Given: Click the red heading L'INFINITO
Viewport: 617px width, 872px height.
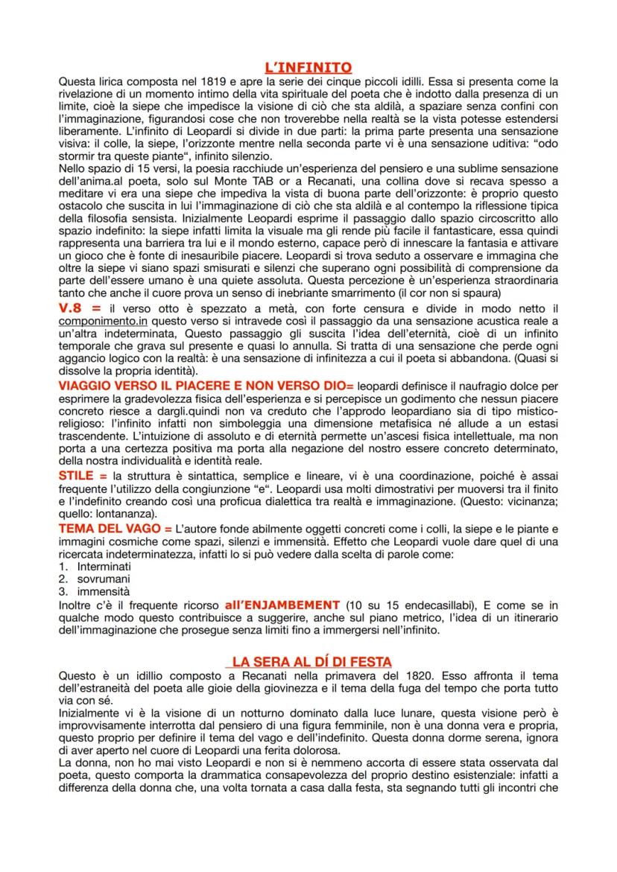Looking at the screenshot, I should [308, 68].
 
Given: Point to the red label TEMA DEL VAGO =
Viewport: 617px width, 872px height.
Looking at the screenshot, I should [120, 526].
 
